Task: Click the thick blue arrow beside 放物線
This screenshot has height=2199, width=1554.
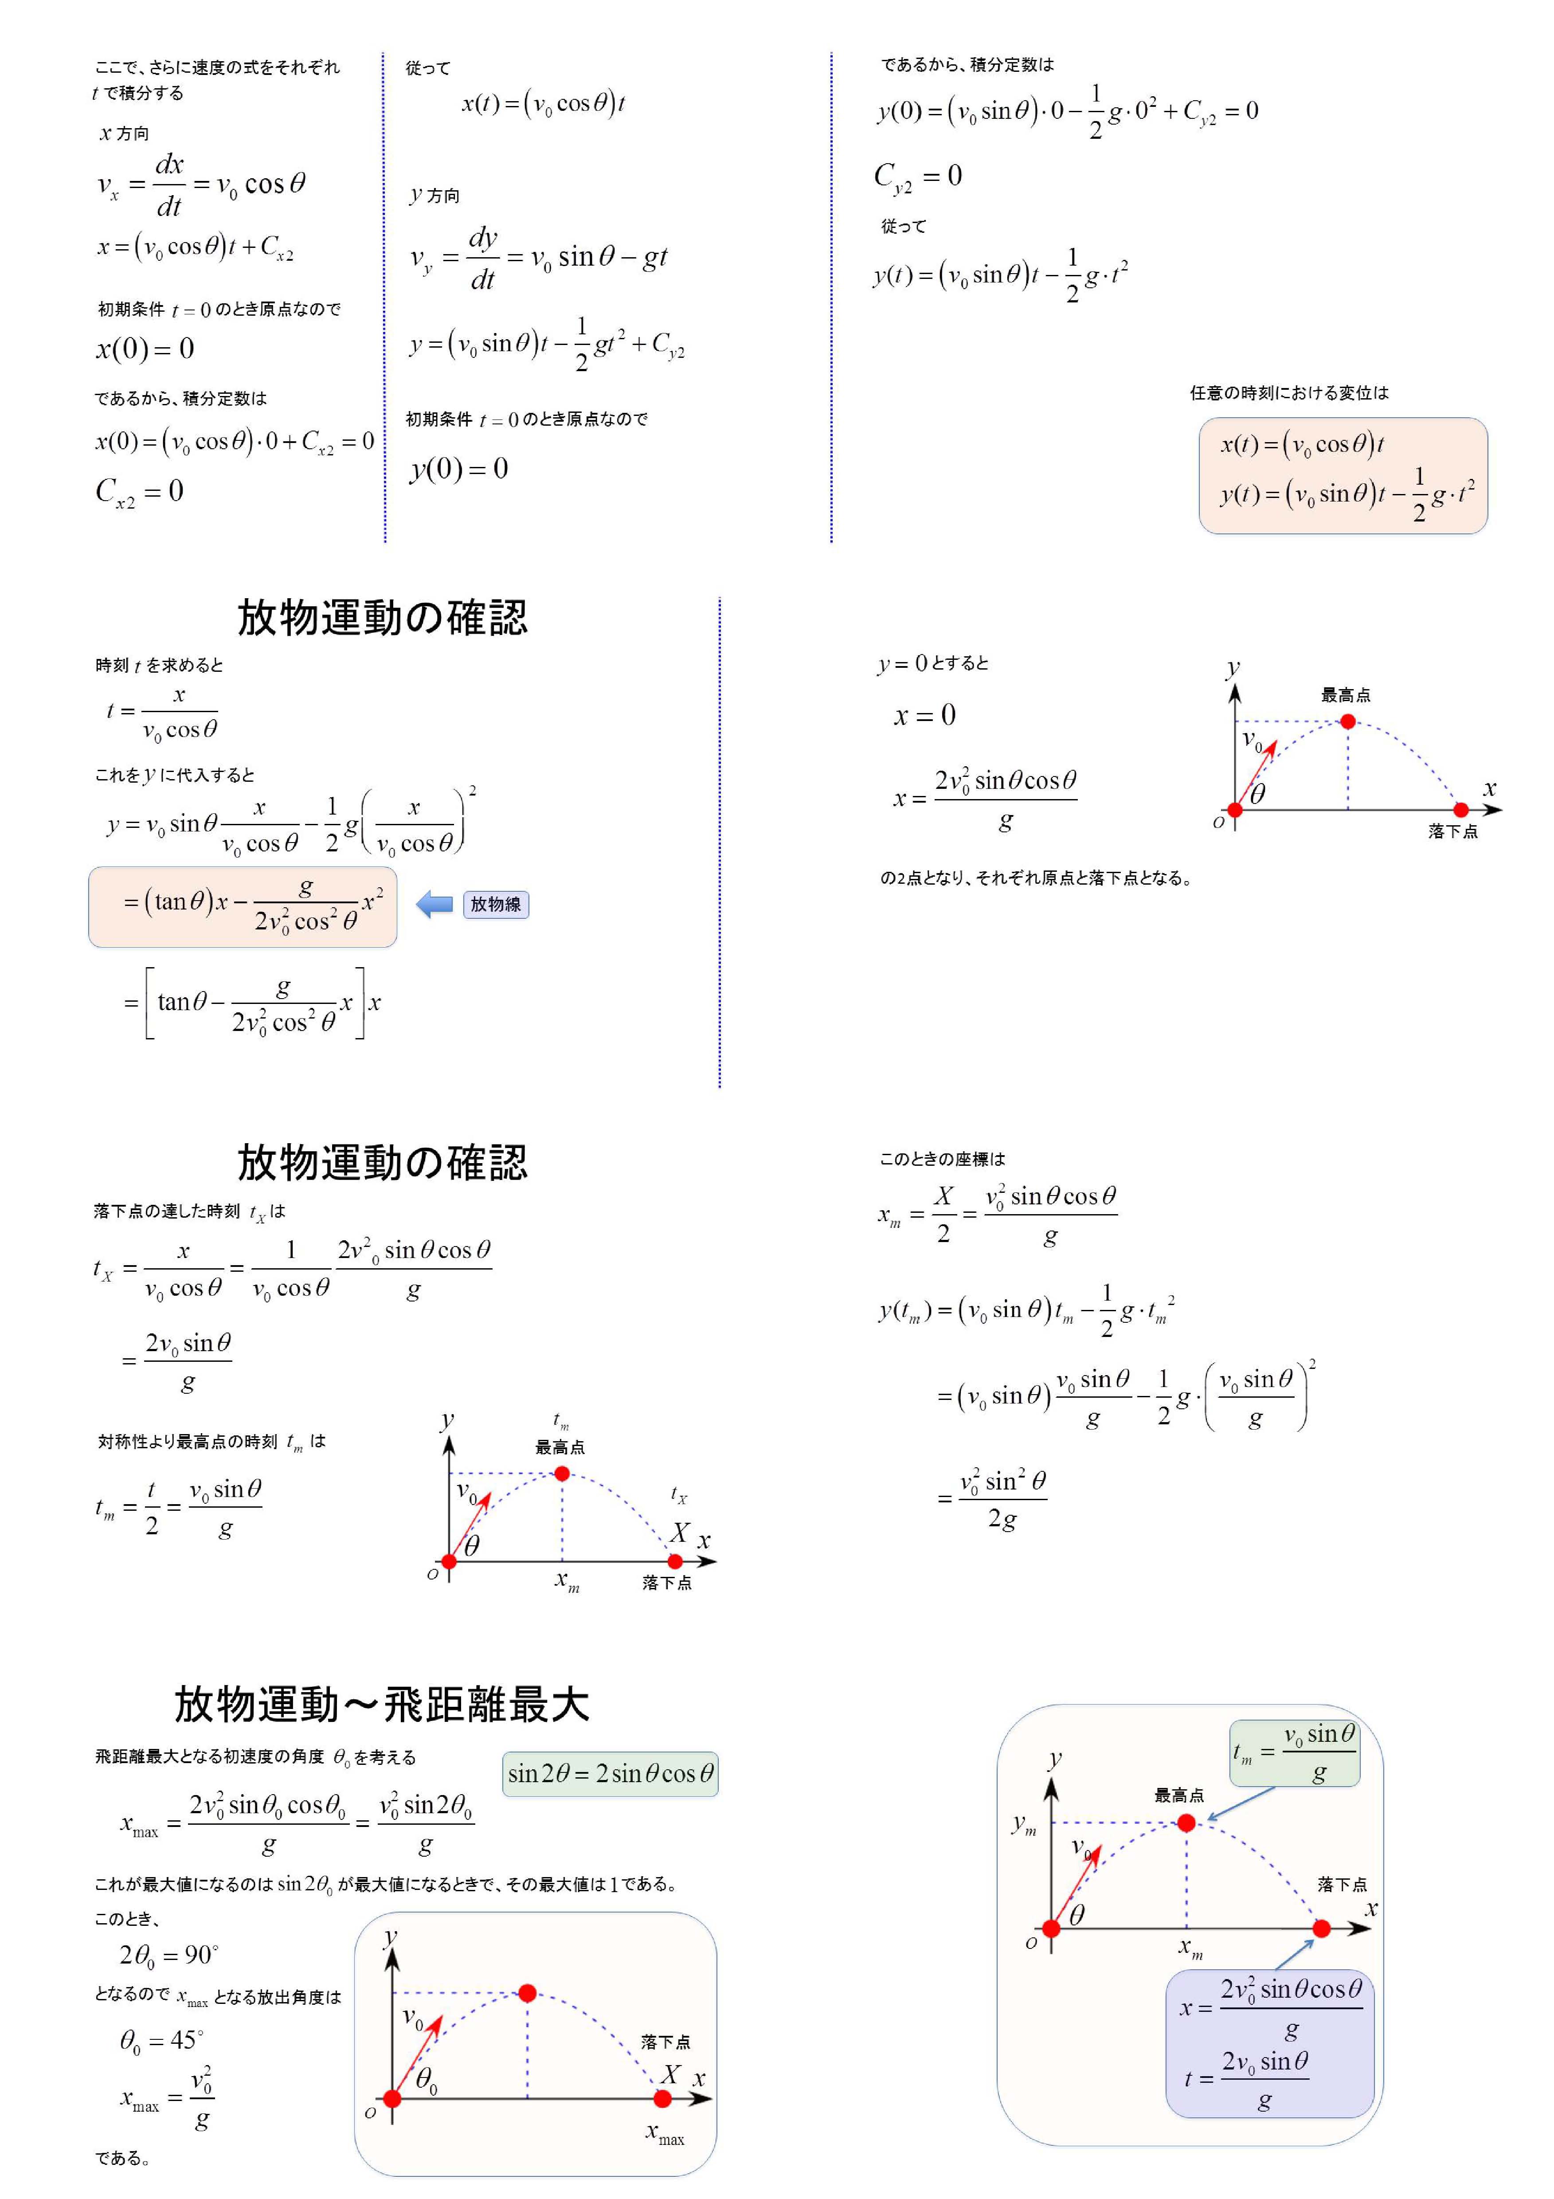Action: (x=436, y=904)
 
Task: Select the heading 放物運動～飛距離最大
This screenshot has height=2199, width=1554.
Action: (x=381, y=1705)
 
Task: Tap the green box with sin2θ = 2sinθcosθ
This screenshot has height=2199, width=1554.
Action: (x=610, y=1774)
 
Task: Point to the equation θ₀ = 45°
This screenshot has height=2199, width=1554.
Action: (x=161, y=2040)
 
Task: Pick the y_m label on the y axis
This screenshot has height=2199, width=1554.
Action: (x=1024, y=1825)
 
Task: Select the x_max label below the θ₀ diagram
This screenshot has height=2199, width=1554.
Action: (x=665, y=2132)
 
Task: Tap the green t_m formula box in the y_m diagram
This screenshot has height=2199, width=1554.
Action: (x=1295, y=1754)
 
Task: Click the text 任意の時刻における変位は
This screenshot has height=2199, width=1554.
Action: (x=1289, y=393)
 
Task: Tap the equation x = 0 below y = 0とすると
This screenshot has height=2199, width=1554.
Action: (x=924, y=715)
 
